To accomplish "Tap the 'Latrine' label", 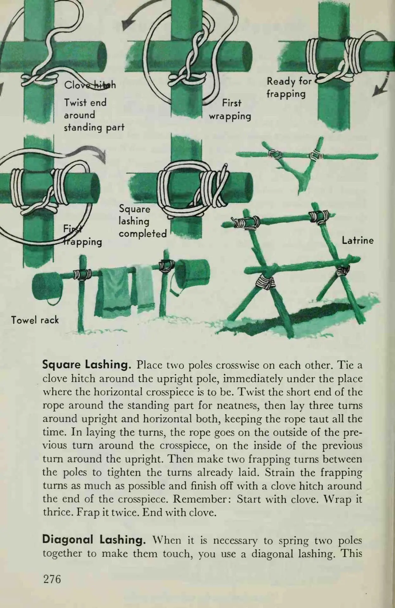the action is (358, 241).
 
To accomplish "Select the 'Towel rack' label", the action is (35, 320).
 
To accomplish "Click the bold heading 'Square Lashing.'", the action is (87, 365).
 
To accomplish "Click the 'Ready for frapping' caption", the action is (289, 87).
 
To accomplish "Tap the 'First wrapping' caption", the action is (230, 110).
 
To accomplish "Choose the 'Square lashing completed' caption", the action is (143, 221).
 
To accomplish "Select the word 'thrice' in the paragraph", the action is (57, 512).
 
